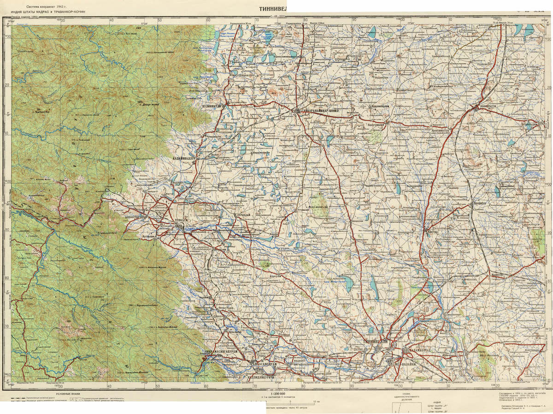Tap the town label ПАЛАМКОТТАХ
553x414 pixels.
point(419,351)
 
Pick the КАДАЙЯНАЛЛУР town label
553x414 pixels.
point(184,158)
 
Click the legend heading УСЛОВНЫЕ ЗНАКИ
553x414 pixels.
point(70,394)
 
